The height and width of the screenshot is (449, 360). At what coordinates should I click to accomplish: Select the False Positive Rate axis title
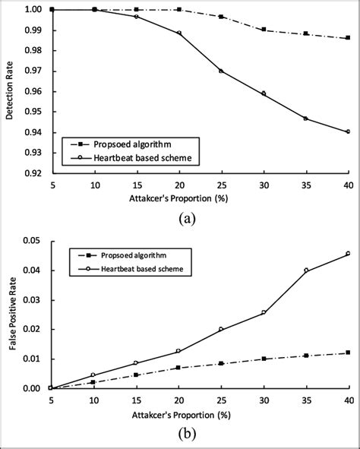pyautogui.click(x=9, y=315)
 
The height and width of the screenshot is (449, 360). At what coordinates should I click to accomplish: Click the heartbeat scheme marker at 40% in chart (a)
pyautogui.click(x=348, y=131)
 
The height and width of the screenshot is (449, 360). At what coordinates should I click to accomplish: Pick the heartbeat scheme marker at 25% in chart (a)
pyautogui.click(x=220, y=71)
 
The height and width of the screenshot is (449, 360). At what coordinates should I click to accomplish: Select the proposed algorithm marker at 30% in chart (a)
pyautogui.click(x=263, y=30)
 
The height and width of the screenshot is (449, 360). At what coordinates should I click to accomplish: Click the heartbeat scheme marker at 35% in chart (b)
pyautogui.click(x=305, y=270)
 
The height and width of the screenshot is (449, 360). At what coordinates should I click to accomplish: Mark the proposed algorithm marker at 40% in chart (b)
pyautogui.click(x=348, y=353)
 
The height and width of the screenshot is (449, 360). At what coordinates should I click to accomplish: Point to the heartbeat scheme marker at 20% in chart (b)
pyautogui.click(x=178, y=351)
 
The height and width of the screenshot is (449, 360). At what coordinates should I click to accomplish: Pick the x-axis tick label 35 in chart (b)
pyautogui.click(x=305, y=401)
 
